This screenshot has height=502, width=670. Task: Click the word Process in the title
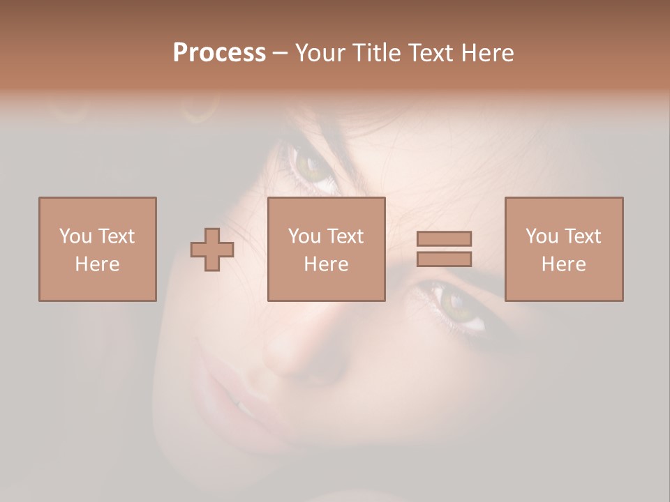click(219, 53)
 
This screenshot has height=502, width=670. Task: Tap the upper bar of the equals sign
click(444, 238)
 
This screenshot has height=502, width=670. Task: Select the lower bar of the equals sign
click(444, 259)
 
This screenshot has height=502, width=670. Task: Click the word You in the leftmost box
click(75, 236)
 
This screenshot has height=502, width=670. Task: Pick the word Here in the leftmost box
click(97, 264)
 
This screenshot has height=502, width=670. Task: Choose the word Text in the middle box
click(345, 236)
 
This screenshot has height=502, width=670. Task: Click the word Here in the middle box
click(326, 264)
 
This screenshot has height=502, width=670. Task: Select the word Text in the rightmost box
click(583, 236)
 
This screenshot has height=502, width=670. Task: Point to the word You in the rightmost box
click(542, 236)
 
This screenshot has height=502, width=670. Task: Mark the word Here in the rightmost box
click(563, 264)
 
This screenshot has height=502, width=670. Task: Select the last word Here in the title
click(487, 53)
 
